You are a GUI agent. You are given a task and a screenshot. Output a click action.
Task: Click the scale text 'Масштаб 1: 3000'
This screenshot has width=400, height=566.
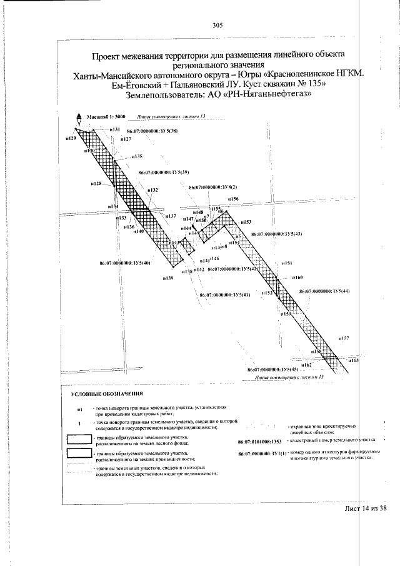[x=107, y=117]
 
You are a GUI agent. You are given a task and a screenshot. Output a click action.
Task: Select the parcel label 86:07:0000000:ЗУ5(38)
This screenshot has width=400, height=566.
[x=152, y=131]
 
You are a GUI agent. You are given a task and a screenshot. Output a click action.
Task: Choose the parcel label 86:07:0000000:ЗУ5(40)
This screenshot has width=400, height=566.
[x=125, y=263]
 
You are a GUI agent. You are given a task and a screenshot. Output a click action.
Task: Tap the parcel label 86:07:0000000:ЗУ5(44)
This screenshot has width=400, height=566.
[x=324, y=291]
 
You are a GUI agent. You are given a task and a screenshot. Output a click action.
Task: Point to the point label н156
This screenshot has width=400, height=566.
[x=233, y=199]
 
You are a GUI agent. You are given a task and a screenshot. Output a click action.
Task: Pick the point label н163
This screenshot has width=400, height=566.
[x=354, y=361]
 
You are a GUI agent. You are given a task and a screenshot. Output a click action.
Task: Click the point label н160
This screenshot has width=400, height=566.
[x=297, y=277]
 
